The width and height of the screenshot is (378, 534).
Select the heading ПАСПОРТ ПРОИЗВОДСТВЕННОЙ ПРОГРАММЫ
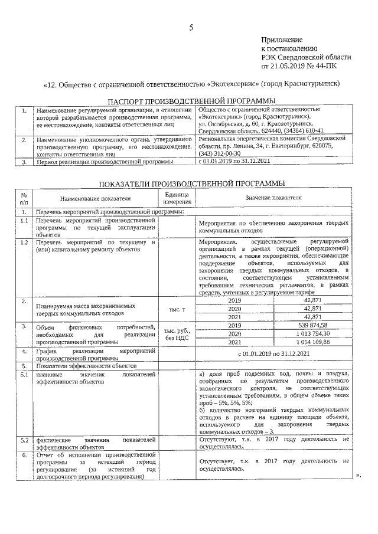pos(187,101)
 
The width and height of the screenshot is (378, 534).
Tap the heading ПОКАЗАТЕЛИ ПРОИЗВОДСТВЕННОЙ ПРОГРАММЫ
pos(187,184)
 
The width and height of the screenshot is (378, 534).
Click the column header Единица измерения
pos(177,198)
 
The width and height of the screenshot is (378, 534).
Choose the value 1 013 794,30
pos(312,333)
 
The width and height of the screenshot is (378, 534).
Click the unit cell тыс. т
pos(177,309)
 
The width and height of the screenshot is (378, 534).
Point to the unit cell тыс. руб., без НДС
pos(177,334)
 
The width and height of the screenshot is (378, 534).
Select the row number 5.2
pos(24,440)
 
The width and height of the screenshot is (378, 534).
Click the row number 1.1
pos(24,220)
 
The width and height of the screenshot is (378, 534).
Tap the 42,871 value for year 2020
pos(312,309)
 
